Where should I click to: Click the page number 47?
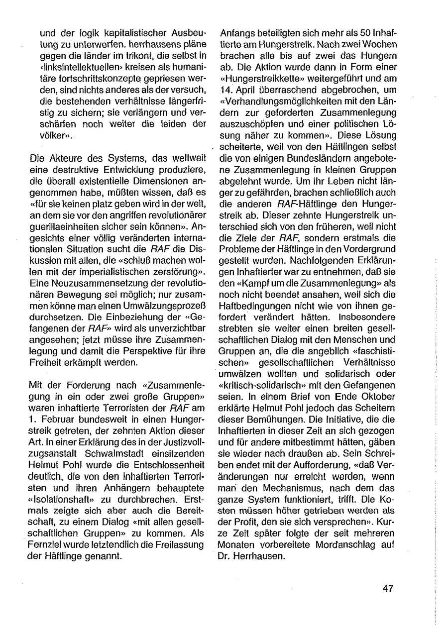pos(388,588)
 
